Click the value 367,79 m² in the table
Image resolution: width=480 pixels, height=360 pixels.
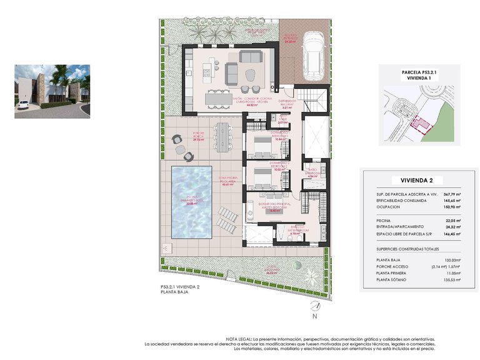tap(450, 194)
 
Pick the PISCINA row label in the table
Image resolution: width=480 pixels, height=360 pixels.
tap(376, 220)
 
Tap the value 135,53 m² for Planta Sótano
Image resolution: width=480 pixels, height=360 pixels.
tap(450, 279)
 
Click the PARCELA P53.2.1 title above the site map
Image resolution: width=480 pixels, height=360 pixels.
tap(419, 72)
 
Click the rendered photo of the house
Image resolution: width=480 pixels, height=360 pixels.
tap(52, 91)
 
